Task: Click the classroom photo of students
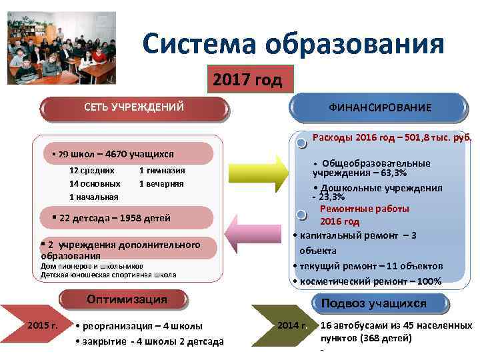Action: [x=61, y=49]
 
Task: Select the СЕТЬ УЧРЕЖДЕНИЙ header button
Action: [x=133, y=107]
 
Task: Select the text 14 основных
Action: [x=95, y=183]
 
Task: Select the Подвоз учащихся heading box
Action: [x=373, y=303]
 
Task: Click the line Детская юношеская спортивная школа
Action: [x=109, y=274]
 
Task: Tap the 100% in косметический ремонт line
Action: [x=428, y=281]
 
